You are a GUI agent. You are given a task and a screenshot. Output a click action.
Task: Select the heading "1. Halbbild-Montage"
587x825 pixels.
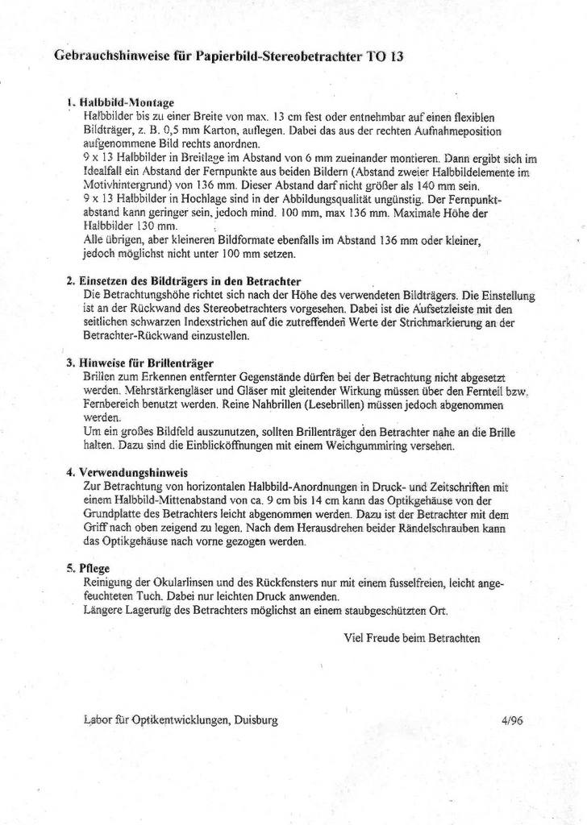pos(121,103)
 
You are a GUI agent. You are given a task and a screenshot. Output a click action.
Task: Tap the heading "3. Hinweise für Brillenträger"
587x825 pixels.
pos(139,363)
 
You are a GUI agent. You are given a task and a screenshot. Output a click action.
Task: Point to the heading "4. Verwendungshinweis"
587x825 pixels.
pos(127,472)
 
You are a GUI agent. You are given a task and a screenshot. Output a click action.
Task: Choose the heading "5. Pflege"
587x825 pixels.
pos(90,568)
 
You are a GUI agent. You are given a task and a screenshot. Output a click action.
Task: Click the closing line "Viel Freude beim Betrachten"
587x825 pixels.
pos(411,638)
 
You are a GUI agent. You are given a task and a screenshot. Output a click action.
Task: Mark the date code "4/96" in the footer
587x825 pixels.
pos(511,721)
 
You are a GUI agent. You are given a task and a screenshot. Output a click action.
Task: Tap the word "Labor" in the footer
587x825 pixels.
pos(98,721)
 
